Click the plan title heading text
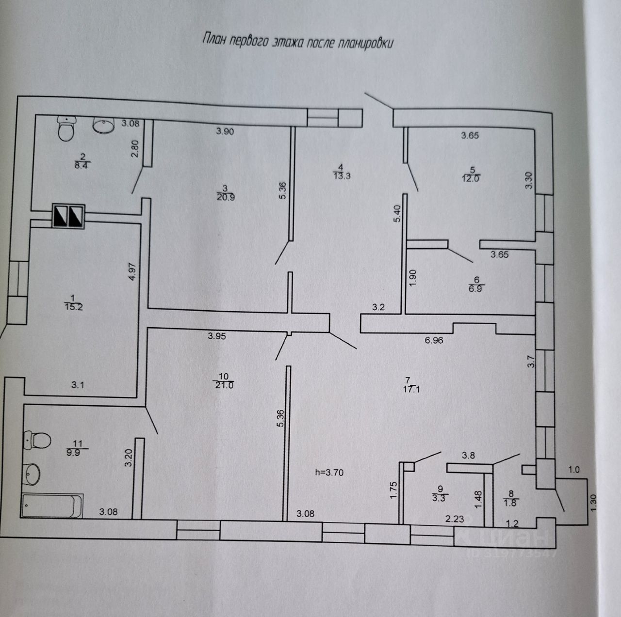click(x=297, y=42)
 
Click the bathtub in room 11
click(x=51, y=506)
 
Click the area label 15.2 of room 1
click(x=73, y=305)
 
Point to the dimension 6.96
click(x=434, y=340)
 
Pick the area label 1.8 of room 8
click(x=511, y=503)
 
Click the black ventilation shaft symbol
click(x=68, y=216)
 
